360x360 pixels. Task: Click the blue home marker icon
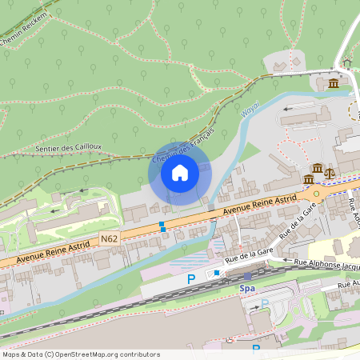point(180,173)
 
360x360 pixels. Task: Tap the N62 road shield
point(110,238)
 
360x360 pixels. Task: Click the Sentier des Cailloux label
point(70,147)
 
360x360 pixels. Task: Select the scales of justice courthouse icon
point(330,172)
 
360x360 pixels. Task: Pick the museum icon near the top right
point(333,83)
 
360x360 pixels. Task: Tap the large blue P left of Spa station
point(190,278)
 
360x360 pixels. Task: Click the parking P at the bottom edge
point(256,349)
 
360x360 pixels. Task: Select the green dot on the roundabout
point(316,193)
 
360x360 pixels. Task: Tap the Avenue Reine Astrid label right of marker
point(260,206)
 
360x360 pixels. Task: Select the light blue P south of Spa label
point(265,303)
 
